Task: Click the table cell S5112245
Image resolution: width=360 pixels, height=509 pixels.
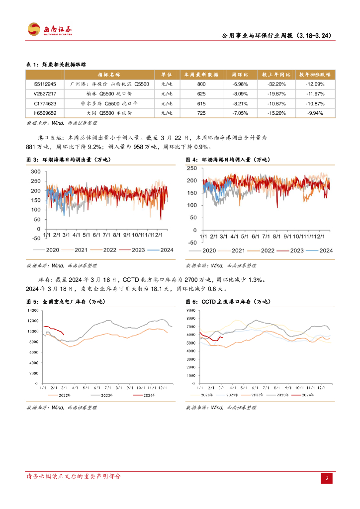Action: click(x=45, y=85)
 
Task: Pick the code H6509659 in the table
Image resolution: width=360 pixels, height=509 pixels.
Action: click(x=45, y=113)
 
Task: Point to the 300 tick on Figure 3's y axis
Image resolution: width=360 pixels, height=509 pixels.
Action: click(x=35, y=171)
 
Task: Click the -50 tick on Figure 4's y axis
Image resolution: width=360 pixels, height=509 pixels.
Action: click(x=191, y=243)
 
